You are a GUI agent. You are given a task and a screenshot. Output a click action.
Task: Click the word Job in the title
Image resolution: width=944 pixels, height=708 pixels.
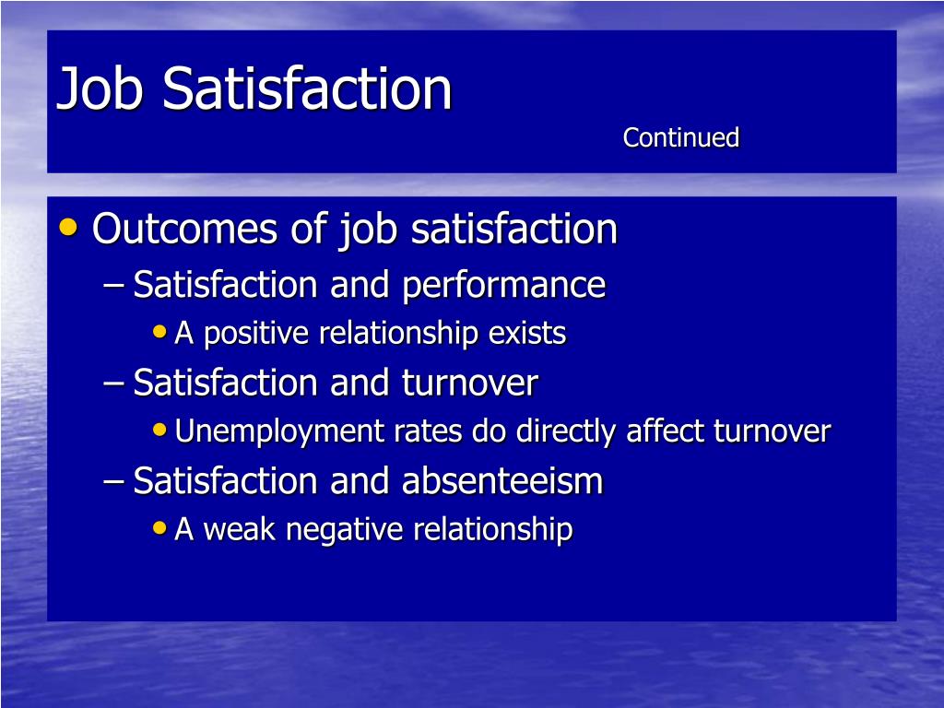[x=100, y=89]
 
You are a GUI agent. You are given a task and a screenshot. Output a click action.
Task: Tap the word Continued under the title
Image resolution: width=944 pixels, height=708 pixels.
[x=681, y=137]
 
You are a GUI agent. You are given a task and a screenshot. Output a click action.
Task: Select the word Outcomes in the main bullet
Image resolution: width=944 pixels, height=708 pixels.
[x=184, y=229]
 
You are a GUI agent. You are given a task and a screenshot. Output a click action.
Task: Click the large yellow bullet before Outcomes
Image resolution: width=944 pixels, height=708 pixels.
[x=68, y=227]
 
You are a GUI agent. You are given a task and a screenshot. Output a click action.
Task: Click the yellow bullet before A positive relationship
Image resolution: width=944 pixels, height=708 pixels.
[x=159, y=331]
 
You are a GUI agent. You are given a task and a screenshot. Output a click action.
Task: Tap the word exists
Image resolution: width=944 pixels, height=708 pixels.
[x=527, y=333]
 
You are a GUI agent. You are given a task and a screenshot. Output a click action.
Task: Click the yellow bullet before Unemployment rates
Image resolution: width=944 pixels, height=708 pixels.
[x=159, y=430]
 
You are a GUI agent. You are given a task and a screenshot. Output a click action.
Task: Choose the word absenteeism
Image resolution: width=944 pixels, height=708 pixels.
[x=502, y=481]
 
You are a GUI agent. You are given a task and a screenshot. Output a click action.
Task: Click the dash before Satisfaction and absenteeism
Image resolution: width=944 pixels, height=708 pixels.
[x=113, y=482]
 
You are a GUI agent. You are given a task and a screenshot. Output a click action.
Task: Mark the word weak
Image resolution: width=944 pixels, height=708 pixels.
[x=240, y=529]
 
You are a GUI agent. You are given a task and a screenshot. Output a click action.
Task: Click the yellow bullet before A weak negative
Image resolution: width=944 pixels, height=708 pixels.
[x=159, y=528]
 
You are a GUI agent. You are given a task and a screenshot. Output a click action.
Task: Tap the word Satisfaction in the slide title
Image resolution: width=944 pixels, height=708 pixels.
[x=307, y=89]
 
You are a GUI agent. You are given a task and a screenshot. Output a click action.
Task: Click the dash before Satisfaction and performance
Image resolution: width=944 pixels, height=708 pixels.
[x=113, y=286]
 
